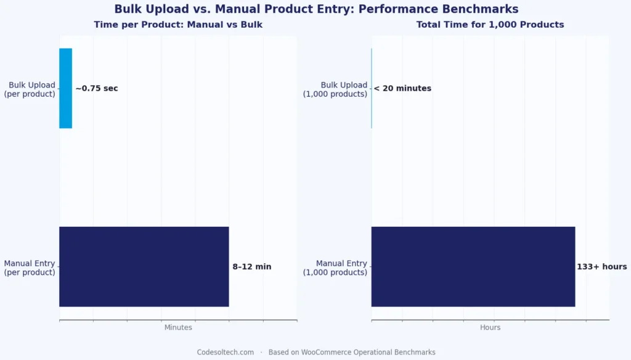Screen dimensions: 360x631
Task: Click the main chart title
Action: [x=315, y=9]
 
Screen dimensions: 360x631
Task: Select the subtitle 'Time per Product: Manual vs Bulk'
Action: [x=177, y=25]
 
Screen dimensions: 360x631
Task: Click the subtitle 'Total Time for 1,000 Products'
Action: [x=490, y=25]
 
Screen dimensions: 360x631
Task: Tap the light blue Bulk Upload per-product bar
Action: [x=65, y=88]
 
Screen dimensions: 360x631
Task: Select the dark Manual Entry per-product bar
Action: [x=144, y=266]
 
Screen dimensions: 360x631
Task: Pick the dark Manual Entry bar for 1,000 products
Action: [x=473, y=266]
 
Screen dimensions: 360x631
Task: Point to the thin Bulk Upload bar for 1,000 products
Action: [x=372, y=88]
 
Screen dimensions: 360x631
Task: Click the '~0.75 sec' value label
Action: [x=97, y=88]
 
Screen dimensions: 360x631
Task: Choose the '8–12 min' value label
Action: [x=251, y=267]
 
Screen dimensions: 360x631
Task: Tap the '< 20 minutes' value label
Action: [x=402, y=88]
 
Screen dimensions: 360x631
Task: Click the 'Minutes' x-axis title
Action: [x=178, y=327]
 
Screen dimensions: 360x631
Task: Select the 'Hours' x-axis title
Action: [x=490, y=327]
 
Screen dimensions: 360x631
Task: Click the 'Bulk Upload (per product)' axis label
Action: [x=30, y=89]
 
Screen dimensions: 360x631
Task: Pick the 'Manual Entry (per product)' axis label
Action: [x=30, y=268]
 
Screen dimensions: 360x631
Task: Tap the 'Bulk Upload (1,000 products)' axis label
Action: [x=335, y=89]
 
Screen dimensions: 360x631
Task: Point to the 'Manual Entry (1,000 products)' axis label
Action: [x=335, y=268]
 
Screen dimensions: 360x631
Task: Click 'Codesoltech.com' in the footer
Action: [x=225, y=352]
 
